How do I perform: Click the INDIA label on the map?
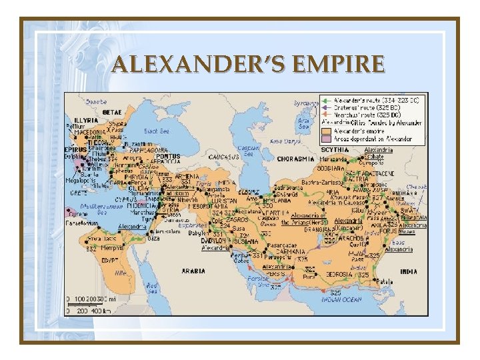click(x=408, y=271)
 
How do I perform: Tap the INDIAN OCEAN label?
click(x=341, y=300)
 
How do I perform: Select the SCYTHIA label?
click(x=335, y=150)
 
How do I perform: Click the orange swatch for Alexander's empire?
click(x=326, y=131)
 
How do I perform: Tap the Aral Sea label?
click(x=304, y=124)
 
